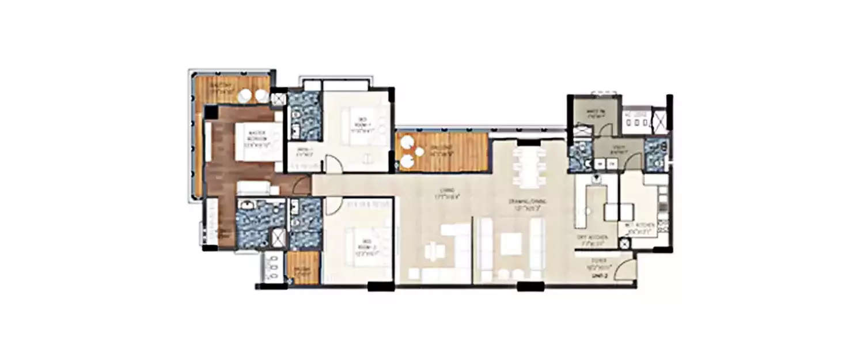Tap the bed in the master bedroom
point(257,141)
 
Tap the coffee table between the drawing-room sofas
point(510,244)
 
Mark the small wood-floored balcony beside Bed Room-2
point(303,268)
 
